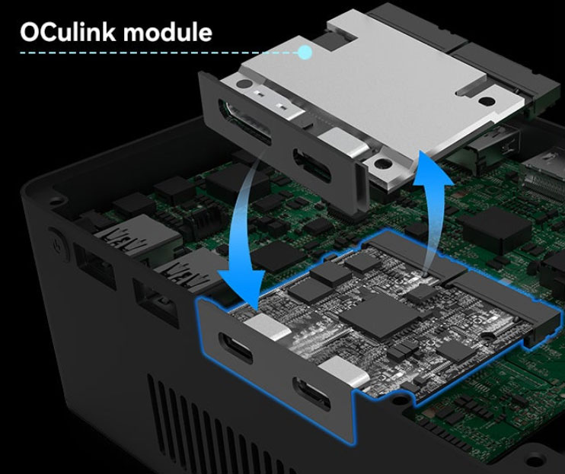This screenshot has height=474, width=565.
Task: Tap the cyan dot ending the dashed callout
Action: (305, 52)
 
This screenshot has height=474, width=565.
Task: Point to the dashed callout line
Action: (152, 53)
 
